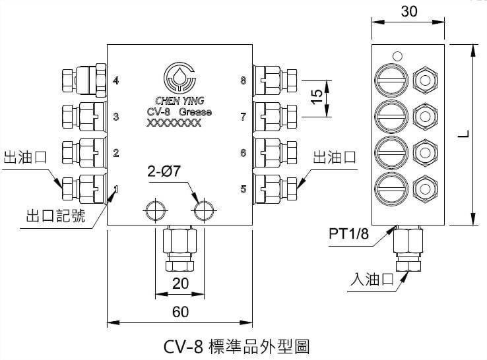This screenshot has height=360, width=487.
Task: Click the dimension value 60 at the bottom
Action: click(179, 313)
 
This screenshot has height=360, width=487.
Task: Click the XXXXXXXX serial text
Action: click(174, 123)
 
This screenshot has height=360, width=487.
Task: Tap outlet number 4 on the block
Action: click(116, 81)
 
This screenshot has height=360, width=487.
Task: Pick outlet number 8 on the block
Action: click(243, 81)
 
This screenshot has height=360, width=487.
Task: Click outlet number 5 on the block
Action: click(243, 189)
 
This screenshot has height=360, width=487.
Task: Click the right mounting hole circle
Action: click(202, 210)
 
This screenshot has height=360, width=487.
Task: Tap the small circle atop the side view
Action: click(396, 56)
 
